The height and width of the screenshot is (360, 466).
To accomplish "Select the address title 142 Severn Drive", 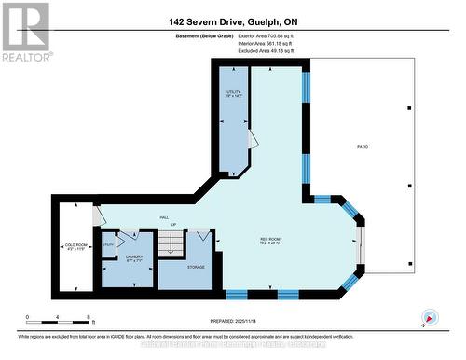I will [x=232, y=21].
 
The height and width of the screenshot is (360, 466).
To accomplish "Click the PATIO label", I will [x=362, y=147].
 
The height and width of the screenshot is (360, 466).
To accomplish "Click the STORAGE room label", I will [x=196, y=266].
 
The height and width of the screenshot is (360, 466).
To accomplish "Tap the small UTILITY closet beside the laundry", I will [x=108, y=244].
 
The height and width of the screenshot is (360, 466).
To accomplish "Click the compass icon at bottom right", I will [x=430, y=316].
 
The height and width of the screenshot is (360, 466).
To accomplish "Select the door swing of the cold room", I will [x=98, y=215].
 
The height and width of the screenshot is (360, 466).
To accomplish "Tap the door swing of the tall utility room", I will [x=252, y=138].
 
